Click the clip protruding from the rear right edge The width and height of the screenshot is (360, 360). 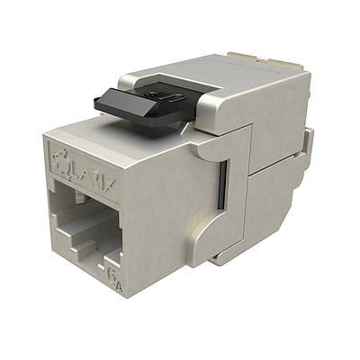[x=310, y=144]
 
